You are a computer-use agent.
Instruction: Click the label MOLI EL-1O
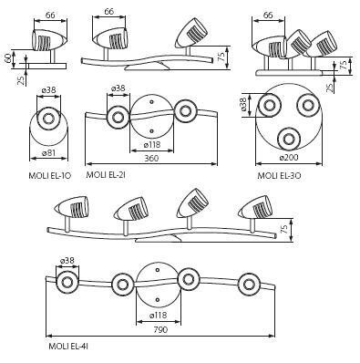click(x=50, y=175)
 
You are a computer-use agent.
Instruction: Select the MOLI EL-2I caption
click(x=106, y=175)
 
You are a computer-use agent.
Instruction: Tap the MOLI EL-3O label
click(x=279, y=175)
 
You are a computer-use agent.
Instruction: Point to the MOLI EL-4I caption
click(x=68, y=347)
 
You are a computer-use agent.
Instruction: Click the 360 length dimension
click(x=151, y=158)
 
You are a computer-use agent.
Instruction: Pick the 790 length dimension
click(x=160, y=329)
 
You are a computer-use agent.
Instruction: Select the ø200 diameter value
click(x=289, y=158)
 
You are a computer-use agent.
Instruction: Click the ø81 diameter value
click(x=48, y=152)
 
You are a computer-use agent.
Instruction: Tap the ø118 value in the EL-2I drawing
click(x=151, y=145)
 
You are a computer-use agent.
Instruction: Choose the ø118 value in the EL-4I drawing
click(x=159, y=316)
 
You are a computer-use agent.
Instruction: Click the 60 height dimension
click(x=9, y=57)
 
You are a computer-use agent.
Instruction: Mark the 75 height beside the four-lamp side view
click(x=284, y=230)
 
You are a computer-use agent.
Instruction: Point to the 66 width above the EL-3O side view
click(x=268, y=15)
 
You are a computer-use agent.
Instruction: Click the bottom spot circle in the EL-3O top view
click(x=288, y=139)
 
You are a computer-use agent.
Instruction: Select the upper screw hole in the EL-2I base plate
click(x=152, y=102)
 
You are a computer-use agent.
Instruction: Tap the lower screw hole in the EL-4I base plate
click(x=158, y=300)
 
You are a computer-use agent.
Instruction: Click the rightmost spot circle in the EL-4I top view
click(x=249, y=285)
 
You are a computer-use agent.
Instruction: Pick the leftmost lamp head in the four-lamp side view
click(x=72, y=208)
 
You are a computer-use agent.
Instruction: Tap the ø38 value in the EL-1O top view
click(x=48, y=90)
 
